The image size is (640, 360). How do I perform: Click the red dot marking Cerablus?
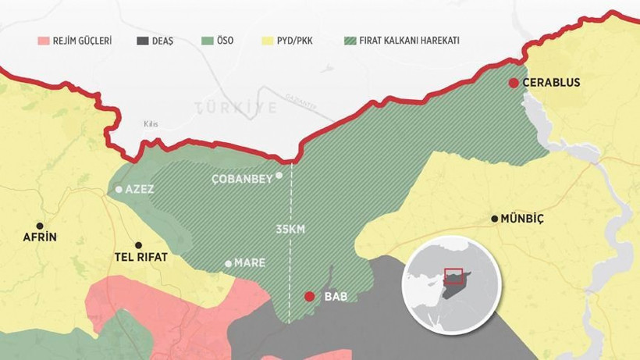[513, 83]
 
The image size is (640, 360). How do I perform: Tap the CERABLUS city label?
[552, 83]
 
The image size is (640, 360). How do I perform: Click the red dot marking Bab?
[309, 297]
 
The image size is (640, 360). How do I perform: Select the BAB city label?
[335, 298]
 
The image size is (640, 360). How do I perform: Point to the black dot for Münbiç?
[494, 219]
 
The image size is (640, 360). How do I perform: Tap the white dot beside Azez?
[119, 189]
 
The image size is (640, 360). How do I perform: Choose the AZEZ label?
[140, 190]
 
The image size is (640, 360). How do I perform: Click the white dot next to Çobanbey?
[279, 176]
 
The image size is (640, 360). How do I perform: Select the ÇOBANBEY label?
[243, 179]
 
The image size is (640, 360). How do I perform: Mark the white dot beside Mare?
[228, 264]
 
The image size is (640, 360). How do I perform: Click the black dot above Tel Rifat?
[139, 244]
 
